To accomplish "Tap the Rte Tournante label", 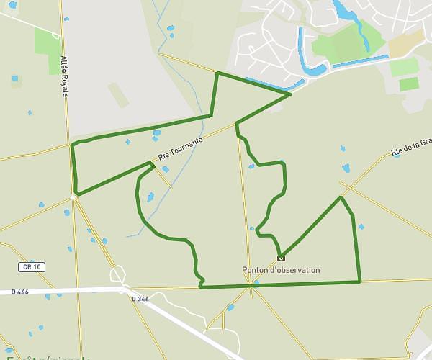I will (176, 148).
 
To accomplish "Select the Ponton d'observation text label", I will (281, 270).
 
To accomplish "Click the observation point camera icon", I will (281, 257).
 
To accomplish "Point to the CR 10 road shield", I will (31, 267).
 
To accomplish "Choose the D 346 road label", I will (140, 297).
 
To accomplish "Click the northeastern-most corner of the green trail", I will (289, 94).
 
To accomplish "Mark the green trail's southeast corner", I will (359, 281).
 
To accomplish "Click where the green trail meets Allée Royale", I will (72, 146).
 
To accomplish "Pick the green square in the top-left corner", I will (48, 40).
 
